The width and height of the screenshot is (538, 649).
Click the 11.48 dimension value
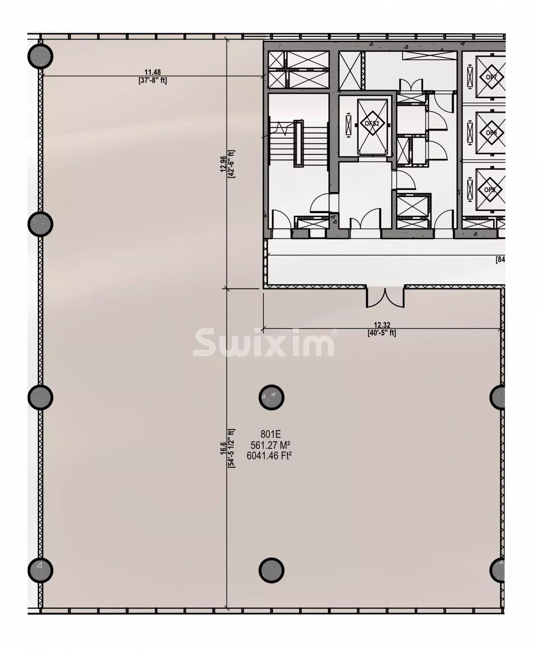(x=153, y=72)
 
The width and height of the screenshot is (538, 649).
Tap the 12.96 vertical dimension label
(x=223, y=164)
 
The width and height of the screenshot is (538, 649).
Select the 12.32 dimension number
(x=382, y=325)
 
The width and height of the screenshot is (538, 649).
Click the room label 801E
(x=271, y=434)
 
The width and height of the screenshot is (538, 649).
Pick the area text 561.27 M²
(x=271, y=445)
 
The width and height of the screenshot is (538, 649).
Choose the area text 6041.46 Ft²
(x=269, y=456)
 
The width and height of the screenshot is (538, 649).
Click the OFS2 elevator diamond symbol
(x=372, y=123)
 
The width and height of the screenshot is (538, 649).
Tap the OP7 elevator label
(x=491, y=77)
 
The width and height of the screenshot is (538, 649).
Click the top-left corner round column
(x=40, y=56)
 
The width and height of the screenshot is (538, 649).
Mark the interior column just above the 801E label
(x=271, y=397)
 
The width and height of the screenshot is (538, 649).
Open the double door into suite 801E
(x=385, y=297)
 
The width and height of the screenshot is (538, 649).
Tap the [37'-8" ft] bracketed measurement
(x=153, y=80)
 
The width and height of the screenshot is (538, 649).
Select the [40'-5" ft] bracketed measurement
(x=382, y=333)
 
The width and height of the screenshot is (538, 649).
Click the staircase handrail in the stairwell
(x=298, y=144)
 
